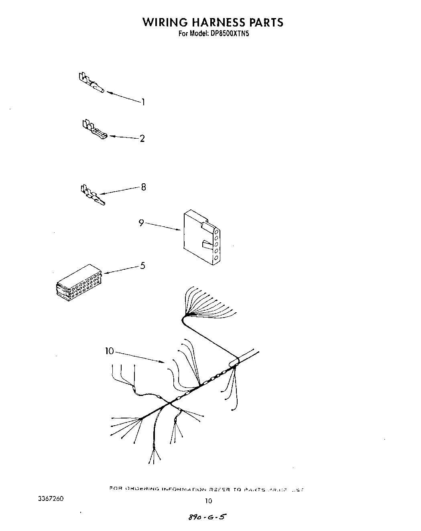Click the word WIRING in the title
(x=163, y=22)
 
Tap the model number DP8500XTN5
(x=230, y=34)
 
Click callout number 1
(x=143, y=102)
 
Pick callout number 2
(x=142, y=139)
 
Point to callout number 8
(x=143, y=187)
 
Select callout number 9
(x=141, y=223)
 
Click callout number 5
(x=142, y=266)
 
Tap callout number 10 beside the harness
(x=110, y=351)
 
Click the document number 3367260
(x=50, y=499)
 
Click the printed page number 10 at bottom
(x=208, y=501)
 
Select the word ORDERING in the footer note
(x=143, y=489)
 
